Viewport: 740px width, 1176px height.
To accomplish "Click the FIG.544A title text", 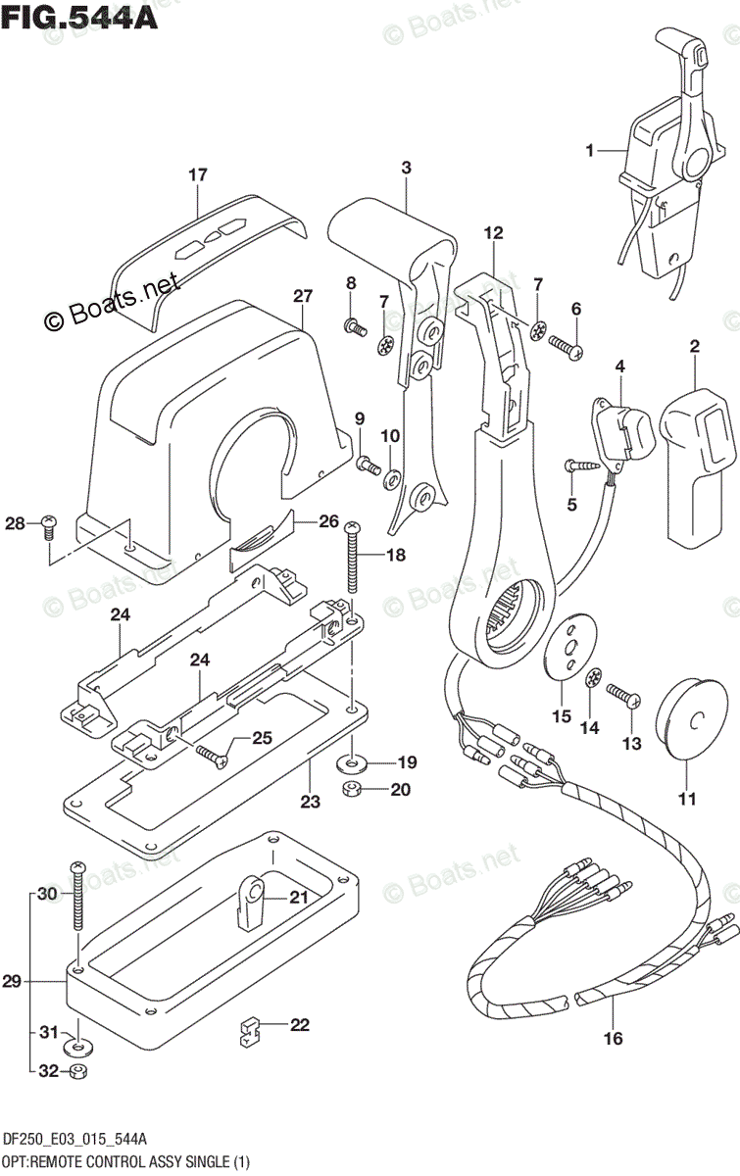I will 80,17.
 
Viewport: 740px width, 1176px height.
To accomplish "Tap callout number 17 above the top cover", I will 198,175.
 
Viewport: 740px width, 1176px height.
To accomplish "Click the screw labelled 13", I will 623,697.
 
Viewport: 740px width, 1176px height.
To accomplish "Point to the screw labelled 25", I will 211,754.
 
